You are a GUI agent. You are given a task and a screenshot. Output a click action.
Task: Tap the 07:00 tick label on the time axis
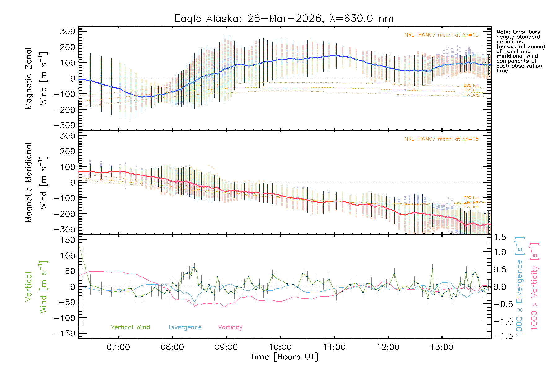[118, 347]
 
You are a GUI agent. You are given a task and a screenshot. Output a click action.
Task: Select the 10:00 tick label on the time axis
[280, 347]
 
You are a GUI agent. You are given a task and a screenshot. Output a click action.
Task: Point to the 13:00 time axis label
[442, 347]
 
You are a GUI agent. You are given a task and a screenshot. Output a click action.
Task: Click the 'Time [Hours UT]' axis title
[284, 357]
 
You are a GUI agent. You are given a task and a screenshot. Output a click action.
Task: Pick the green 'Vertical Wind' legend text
[130, 327]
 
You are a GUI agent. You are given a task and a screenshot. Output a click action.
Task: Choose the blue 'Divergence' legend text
[185, 327]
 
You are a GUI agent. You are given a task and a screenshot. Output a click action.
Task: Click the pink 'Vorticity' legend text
[230, 327]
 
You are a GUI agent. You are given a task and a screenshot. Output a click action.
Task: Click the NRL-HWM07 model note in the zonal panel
[441, 35]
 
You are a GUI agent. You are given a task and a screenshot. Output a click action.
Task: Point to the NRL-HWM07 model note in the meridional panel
[441, 139]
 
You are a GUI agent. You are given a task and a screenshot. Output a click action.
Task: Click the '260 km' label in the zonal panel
[471, 86]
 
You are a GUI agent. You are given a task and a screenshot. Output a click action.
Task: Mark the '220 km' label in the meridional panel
[471, 207]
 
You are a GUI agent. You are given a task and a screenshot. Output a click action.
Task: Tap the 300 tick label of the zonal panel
[68, 31]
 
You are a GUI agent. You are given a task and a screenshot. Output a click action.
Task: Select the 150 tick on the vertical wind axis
[68, 240]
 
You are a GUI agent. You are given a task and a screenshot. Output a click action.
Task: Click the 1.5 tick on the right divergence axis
[500, 237]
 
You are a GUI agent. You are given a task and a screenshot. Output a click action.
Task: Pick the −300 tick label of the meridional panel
[64, 229]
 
